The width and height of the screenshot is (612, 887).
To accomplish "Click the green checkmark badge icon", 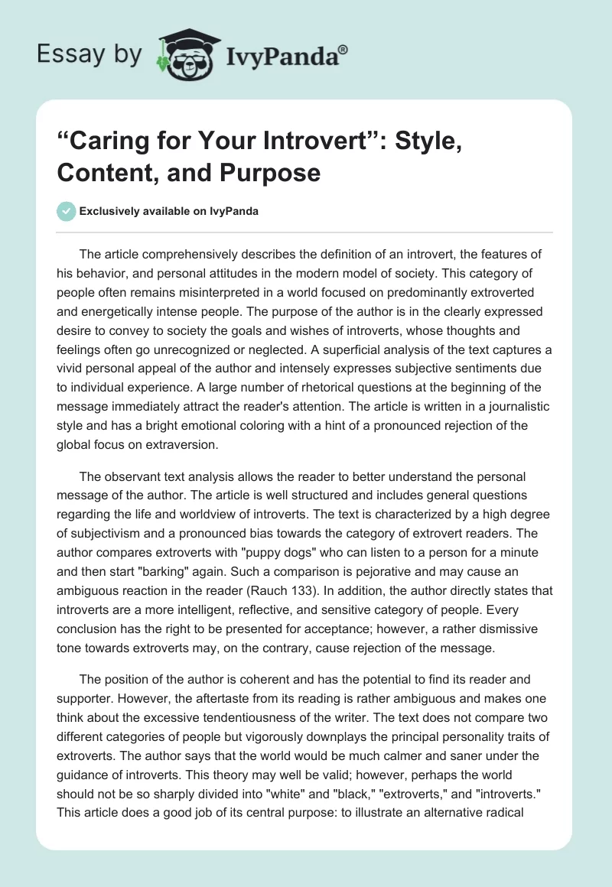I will point(67,211).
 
